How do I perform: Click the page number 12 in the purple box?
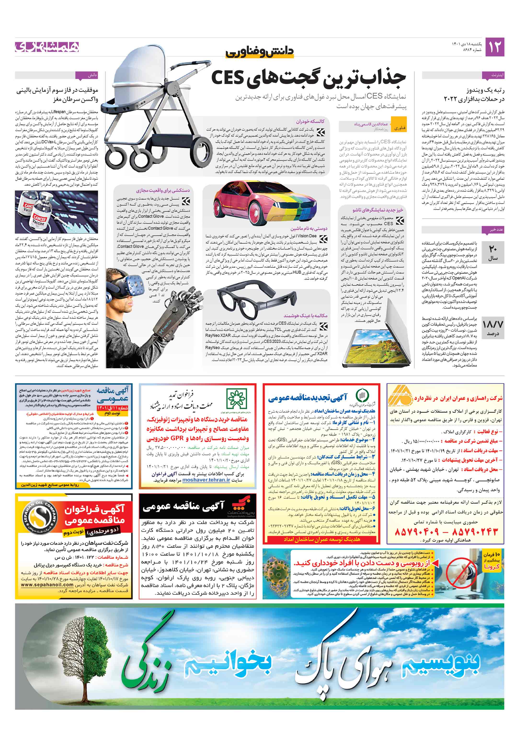[x=494, y=47]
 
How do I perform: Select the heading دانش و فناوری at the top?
[x=259, y=52]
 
